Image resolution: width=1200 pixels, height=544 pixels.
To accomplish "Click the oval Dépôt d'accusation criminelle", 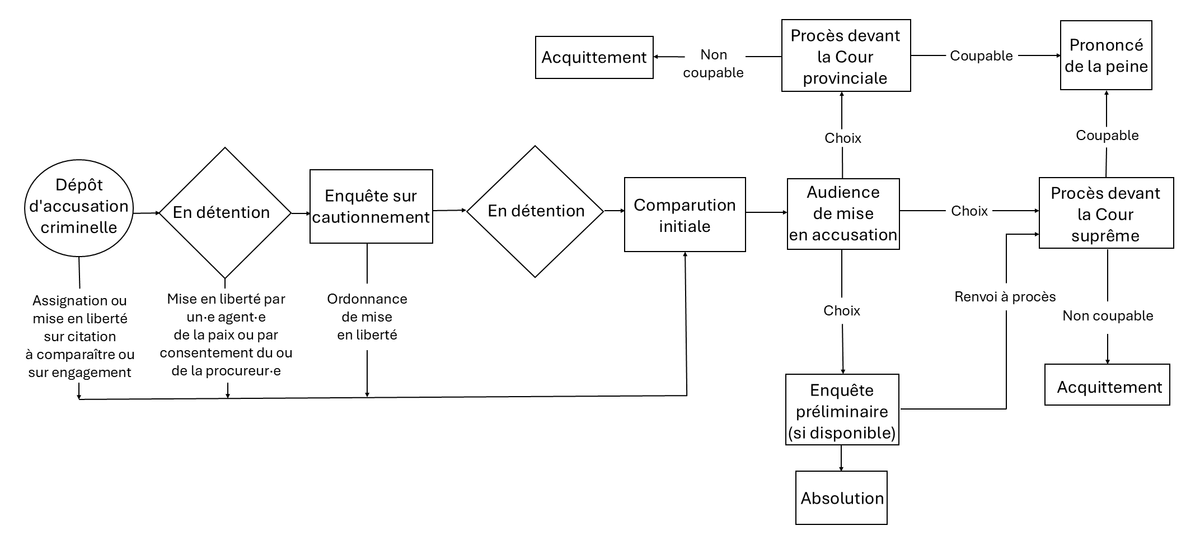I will (x=79, y=207).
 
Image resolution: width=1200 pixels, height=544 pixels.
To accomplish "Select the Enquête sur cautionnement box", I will (x=371, y=206).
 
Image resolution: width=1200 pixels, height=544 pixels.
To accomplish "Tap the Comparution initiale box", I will (x=685, y=215).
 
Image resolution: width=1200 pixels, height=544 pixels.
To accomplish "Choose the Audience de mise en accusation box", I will (x=843, y=214).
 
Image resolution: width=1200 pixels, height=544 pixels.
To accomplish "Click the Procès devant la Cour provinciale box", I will (x=846, y=56).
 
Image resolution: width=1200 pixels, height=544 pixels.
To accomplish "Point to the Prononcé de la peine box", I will (x=1106, y=55).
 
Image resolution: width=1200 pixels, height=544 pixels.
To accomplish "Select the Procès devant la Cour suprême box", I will (x=1105, y=213).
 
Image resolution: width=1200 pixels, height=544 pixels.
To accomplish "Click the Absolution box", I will (x=842, y=498).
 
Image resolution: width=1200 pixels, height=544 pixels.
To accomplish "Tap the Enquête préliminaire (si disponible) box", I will (x=842, y=411).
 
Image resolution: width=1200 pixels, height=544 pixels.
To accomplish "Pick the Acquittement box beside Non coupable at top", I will (x=594, y=58).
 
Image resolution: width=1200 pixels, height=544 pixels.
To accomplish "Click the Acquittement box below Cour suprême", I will (x=1107, y=385).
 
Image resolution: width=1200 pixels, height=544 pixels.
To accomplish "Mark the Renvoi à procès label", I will (x=1005, y=297).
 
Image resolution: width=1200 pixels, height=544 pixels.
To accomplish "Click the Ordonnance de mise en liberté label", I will (x=367, y=317).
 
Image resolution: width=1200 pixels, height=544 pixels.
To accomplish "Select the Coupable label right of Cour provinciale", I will (x=981, y=56).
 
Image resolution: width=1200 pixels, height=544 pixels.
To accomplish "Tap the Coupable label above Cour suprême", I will (x=1107, y=136).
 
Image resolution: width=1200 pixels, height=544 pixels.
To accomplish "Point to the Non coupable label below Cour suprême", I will (x=1108, y=316).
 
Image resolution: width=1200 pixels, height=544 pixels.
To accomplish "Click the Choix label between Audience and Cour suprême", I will (x=969, y=211).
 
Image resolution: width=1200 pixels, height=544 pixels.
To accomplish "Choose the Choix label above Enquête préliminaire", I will (x=841, y=311).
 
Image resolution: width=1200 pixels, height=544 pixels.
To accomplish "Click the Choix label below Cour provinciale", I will (x=842, y=138).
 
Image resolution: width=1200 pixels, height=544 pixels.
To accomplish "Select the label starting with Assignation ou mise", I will (x=80, y=336).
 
